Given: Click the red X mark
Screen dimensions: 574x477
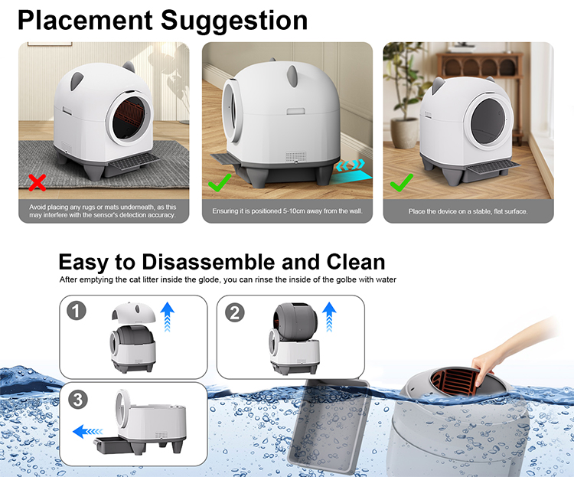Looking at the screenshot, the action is click(x=38, y=182).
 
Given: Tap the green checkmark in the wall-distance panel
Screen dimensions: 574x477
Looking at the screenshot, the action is click(x=220, y=182).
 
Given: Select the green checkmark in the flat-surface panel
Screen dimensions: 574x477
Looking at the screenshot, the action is click(x=401, y=182).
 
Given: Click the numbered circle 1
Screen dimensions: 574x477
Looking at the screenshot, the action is click(x=76, y=311).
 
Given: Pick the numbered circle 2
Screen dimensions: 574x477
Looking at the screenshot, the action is click(x=235, y=313).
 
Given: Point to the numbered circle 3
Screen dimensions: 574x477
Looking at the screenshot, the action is click(x=78, y=400).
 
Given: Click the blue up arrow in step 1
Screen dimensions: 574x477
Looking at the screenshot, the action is click(x=168, y=316).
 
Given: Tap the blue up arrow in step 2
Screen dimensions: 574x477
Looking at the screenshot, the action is click(x=329, y=316).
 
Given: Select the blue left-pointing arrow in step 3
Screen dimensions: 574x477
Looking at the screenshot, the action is click(x=88, y=432).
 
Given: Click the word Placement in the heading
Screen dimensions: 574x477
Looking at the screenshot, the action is click(x=85, y=21).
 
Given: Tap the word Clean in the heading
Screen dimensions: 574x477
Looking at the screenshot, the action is click(x=355, y=262).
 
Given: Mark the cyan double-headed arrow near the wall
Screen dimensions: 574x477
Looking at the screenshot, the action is click(x=351, y=165).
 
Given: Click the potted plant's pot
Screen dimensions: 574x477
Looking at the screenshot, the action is click(x=404, y=132).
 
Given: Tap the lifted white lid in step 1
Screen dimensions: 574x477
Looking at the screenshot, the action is click(x=133, y=312).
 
